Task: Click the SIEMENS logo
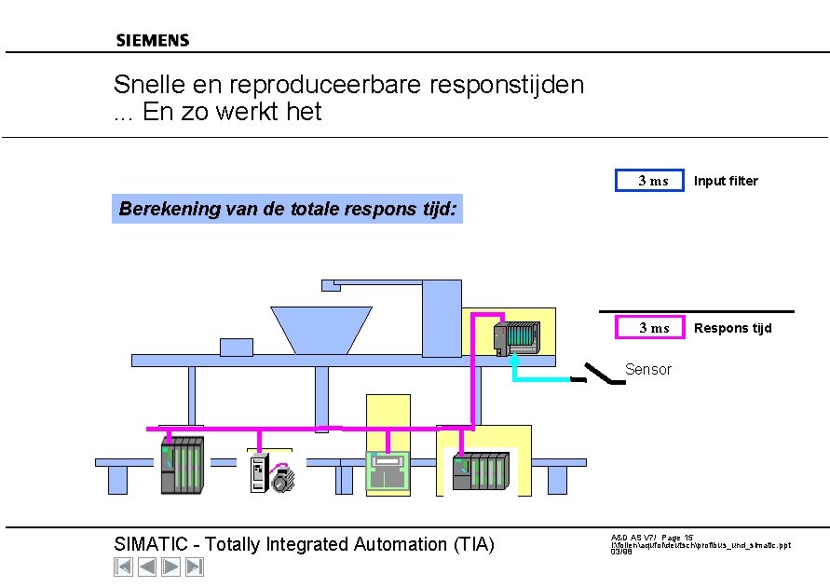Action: pos(152,40)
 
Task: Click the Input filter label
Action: pos(726,181)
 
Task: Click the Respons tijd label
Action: pos(732,328)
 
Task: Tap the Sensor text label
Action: pos(647,370)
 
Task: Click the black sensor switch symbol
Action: pos(598,375)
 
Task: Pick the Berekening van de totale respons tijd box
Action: pos(287,210)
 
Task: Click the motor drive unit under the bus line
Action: pos(271,473)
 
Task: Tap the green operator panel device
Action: pos(388,471)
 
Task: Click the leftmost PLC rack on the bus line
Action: pos(182,466)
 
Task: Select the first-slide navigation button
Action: pos(123,567)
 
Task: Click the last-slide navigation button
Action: pos(195,567)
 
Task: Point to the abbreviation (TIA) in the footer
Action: pos(472,544)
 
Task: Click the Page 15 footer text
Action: pos(677,538)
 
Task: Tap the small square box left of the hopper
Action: pos(236,347)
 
